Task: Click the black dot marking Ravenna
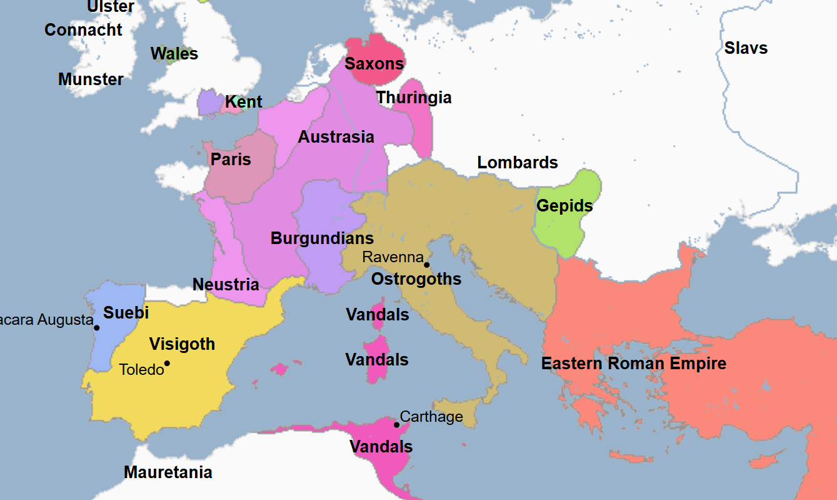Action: pyautogui.click(x=427, y=265)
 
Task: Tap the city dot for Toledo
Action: pyautogui.click(x=167, y=363)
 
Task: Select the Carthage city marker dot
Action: pyautogui.click(x=396, y=425)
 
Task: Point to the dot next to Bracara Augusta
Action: pyautogui.click(x=97, y=327)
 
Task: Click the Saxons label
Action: pyautogui.click(x=374, y=63)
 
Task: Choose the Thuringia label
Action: pyautogui.click(x=413, y=98)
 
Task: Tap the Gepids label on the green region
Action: pyautogui.click(x=564, y=206)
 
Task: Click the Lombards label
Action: pyautogui.click(x=517, y=163)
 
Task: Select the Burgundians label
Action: pyautogui.click(x=322, y=238)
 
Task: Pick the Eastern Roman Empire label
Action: pyautogui.click(x=633, y=364)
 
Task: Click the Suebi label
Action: pyautogui.click(x=126, y=313)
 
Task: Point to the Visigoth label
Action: pyautogui.click(x=182, y=344)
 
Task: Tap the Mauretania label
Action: pyautogui.click(x=168, y=472)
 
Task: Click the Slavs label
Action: pyautogui.click(x=746, y=48)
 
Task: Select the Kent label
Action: pyautogui.click(x=243, y=102)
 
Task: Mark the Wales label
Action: pyautogui.click(x=174, y=54)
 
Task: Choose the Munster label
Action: pyautogui.click(x=91, y=79)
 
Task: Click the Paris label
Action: pyautogui.click(x=231, y=160)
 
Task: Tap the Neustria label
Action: pyautogui.click(x=226, y=285)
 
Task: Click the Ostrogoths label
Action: pyautogui.click(x=416, y=279)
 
